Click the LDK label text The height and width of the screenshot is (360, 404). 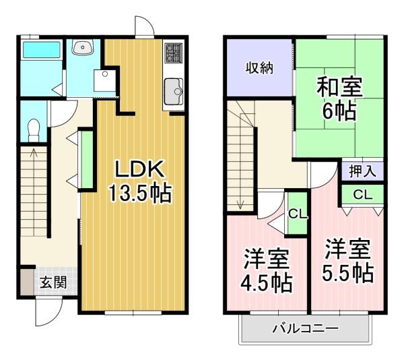tap(140, 169)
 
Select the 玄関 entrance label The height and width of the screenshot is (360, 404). tap(53, 282)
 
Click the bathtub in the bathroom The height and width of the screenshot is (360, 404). tap(42, 50)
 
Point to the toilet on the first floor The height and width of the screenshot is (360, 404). tap(33, 130)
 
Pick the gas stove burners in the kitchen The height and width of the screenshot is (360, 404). tap(174, 53)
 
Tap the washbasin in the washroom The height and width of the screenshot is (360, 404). tap(83, 47)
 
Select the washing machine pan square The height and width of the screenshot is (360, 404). tap(104, 80)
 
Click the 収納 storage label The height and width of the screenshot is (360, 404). tap(259, 68)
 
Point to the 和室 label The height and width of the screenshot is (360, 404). tap(339, 87)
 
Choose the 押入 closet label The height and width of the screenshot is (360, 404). tap(362, 171)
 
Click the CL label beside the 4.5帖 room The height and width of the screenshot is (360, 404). tap(298, 214)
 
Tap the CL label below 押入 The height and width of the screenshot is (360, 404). tap(362, 195)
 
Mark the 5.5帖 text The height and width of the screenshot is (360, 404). tap(348, 272)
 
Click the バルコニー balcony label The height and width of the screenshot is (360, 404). tap(306, 328)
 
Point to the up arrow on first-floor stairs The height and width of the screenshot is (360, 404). tap(34, 152)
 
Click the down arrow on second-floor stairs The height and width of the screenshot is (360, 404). tap(240, 205)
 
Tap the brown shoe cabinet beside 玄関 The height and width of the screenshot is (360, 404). tap(28, 282)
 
